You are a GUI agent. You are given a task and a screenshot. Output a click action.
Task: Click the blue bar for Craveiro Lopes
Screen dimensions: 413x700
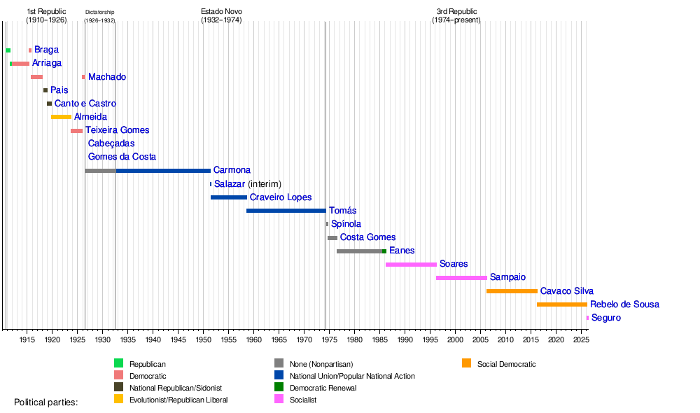pyautogui.click(x=229, y=197)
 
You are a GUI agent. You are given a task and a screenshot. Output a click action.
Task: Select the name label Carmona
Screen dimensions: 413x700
pyautogui.click(x=232, y=170)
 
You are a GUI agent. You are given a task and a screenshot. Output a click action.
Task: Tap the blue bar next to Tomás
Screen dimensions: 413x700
pyautogui.click(x=286, y=211)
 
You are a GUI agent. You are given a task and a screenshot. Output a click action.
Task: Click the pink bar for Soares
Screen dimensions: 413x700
pyautogui.click(x=411, y=265)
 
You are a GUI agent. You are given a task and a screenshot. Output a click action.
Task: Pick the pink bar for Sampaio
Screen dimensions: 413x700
pyautogui.click(x=461, y=278)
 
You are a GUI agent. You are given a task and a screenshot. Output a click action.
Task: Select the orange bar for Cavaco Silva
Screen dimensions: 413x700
pyautogui.click(x=512, y=291)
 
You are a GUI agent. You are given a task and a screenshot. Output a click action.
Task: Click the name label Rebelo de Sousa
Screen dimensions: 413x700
pyautogui.click(x=624, y=304)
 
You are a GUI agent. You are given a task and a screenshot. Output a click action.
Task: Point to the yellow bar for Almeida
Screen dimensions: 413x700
pyautogui.click(x=61, y=117)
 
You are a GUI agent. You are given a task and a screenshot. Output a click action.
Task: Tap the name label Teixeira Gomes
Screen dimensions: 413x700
pyautogui.click(x=117, y=130)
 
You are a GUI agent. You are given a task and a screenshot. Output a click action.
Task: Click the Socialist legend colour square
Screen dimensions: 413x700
pyautogui.click(x=279, y=400)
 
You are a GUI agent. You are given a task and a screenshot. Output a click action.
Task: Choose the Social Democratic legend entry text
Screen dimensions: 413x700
pyautogui.click(x=506, y=364)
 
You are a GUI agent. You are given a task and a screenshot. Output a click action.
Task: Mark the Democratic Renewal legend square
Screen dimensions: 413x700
pyautogui.click(x=279, y=388)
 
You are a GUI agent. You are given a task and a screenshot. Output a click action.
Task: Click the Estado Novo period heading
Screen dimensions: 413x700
pyautogui.click(x=220, y=15)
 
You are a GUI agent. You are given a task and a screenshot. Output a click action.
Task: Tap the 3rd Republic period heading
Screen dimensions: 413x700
pyautogui.click(x=456, y=15)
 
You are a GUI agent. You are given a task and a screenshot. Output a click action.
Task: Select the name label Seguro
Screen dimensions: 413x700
pyautogui.click(x=606, y=318)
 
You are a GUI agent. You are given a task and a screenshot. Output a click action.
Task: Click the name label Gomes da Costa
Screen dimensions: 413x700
pyautogui.click(x=122, y=157)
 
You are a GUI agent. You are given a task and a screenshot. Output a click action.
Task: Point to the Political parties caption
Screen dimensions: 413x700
pyautogui.click(x=46, y=402)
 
